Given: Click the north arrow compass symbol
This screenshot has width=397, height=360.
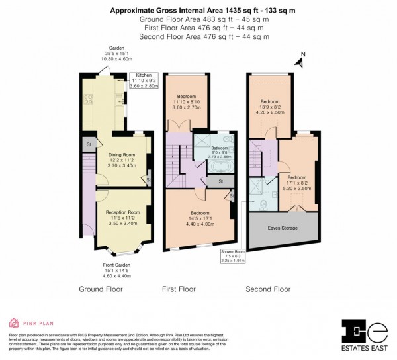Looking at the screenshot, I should (299, 62).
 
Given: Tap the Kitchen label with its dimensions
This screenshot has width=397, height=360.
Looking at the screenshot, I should (144, 81).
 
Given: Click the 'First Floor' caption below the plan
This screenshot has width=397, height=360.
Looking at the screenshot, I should (179, 289).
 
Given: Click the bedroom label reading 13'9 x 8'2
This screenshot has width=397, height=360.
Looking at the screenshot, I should (269, 106).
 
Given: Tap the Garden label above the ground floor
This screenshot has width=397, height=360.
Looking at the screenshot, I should (116, 52).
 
